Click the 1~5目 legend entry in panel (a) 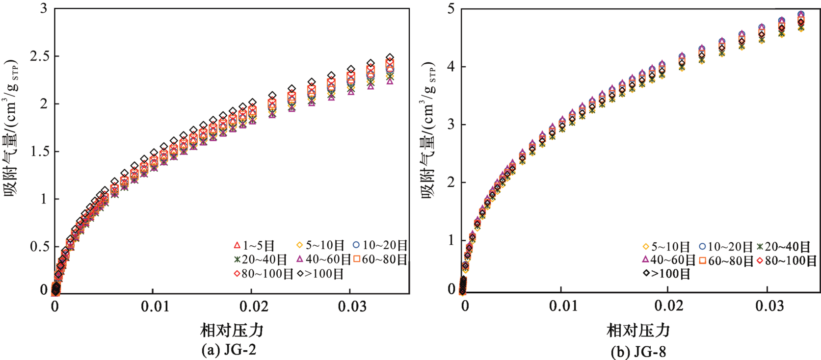pos(254,246)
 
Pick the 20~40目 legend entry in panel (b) pos(784,247)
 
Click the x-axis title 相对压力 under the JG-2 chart pos(232,330)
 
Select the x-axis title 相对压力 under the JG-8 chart pos(638,330)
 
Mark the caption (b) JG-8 pos(638,351)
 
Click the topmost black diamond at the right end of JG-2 pos(390,58)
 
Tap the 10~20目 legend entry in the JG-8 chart pos(726,247)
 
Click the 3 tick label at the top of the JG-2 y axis pos(44,9)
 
